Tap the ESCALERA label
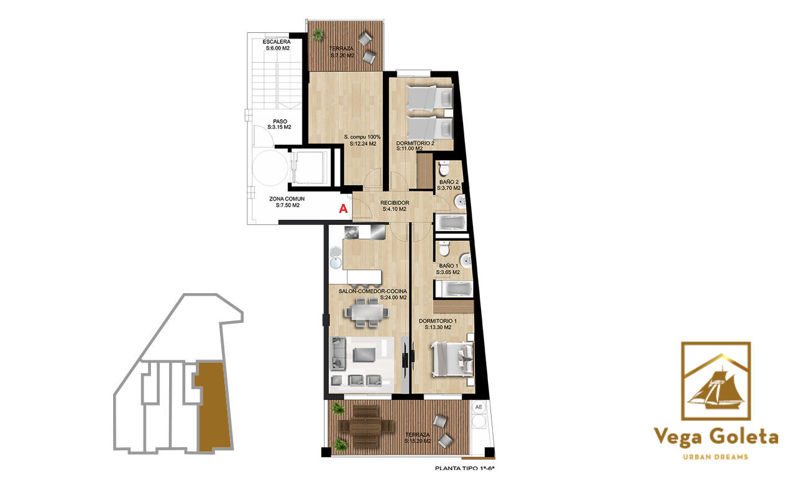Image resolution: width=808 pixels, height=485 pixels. tap(277, 42)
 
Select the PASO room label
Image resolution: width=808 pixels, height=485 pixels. tap(280, 122)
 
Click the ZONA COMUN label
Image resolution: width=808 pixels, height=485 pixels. tap(287, 199)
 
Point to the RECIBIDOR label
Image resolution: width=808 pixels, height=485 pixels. tap(395, 203)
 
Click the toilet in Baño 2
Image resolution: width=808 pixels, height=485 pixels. tap(444, 168)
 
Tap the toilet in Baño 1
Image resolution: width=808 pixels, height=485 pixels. tap(444, 248)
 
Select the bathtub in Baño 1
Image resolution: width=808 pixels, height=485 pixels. tap(454, 289)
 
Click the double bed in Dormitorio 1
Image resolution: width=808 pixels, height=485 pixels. tap(452, 359)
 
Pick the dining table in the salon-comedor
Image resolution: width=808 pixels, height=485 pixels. tap(367, 312)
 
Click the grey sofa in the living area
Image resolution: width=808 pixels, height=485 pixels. tap(339, 353)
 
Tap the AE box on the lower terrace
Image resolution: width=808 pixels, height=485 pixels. tap(479, 407)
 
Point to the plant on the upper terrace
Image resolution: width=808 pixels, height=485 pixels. tap(318, 35)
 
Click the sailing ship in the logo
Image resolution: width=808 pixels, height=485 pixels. tap(715, 388)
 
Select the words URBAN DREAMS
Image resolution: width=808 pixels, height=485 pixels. tap(715, 457)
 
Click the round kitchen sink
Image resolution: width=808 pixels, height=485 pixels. tap(336, 263)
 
